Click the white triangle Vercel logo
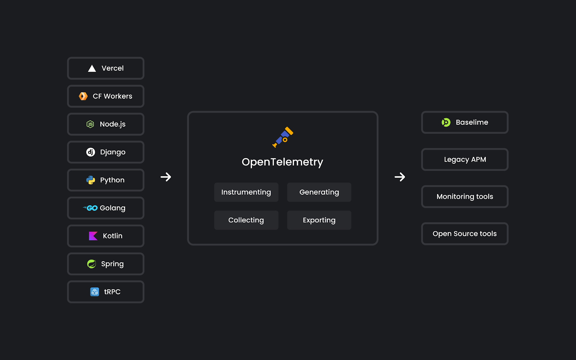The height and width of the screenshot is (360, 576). pos(92,68)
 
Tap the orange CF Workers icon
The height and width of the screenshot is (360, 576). pos(83,96)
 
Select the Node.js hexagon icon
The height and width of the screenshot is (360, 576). pos(90,124)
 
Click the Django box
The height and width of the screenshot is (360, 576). pos(106,152)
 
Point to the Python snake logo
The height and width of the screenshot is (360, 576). pos(90,180)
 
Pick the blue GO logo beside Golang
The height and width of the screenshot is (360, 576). pos(90,208)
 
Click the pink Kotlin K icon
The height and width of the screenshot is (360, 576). pos(93,236)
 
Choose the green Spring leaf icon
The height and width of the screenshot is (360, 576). pos(91,264)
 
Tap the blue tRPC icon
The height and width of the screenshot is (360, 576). pos(95,292)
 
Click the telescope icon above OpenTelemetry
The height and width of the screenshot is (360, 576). pos(283,137)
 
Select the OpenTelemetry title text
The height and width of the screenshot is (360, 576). pos(282,162)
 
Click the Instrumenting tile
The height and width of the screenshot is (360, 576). pos(246,192)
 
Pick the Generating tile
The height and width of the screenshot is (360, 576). pos(319,192)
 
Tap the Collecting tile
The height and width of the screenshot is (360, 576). pos(246,220)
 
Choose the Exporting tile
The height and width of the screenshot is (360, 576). pos(319,220)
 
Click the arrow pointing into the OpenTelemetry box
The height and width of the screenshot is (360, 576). pos(166,177)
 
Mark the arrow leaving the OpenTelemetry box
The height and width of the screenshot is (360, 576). pos(400,177)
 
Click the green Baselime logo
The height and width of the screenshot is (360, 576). pos(446,122)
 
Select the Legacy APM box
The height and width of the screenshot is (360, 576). pos(465,159)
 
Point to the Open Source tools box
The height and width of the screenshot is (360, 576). pos(465,234)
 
